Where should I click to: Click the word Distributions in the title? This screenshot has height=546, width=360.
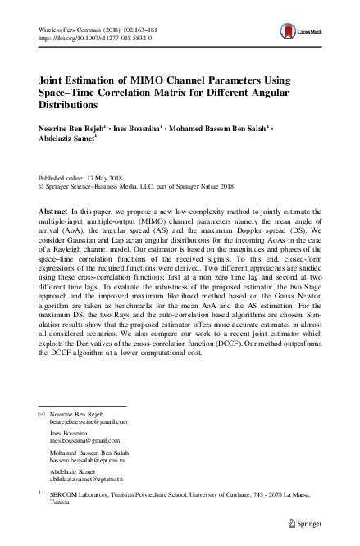point(68,105)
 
